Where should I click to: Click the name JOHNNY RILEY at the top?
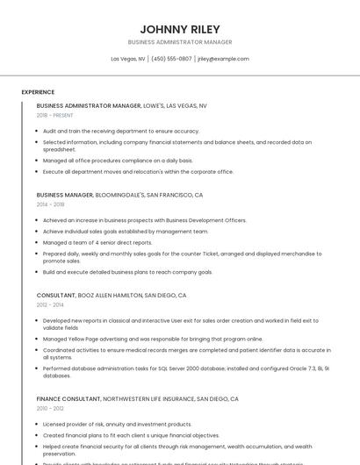180,29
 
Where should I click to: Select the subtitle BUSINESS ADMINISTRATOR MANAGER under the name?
180,42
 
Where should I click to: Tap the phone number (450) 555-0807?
171,59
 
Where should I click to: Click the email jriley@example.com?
223,59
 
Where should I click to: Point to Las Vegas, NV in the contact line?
128,59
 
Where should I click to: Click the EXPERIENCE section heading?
38,92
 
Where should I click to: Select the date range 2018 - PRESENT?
54,115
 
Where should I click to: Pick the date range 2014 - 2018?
51,204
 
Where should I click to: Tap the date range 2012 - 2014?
51,305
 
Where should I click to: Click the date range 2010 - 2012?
51,408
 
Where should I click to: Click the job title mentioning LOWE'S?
122,105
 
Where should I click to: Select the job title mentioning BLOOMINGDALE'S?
119,195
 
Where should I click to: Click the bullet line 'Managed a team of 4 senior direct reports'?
97,242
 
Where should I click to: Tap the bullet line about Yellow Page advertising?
153,339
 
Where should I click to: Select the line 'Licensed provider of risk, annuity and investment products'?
117,424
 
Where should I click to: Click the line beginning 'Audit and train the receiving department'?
121,131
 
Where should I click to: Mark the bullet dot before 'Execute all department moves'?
39,172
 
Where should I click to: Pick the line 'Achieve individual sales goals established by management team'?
126,232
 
